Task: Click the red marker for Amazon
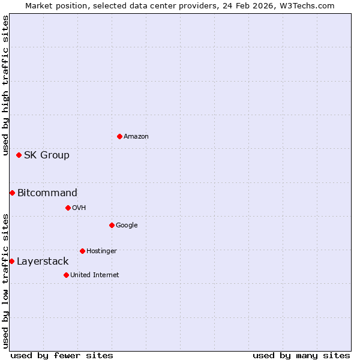click(119, 136)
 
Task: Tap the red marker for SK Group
click(19, 155)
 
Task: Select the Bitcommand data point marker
click(12, 193)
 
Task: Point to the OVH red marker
click(68, 208)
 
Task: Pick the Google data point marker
click(112, 225)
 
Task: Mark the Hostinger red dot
click(82, 251)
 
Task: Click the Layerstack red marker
click(11, 261)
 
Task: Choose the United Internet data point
click(66, 275)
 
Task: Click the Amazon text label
click(136, 136)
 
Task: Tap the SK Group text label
click(47, 155)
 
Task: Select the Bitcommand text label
click(47, 193)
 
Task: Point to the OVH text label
click(79, 208)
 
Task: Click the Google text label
click(127, 225)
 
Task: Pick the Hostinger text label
click(101, 251)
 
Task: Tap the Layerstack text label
click(43, 261)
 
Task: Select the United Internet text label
click(95, 275)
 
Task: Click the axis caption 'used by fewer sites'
click(62, 355)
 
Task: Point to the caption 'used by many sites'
click(301, 355)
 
